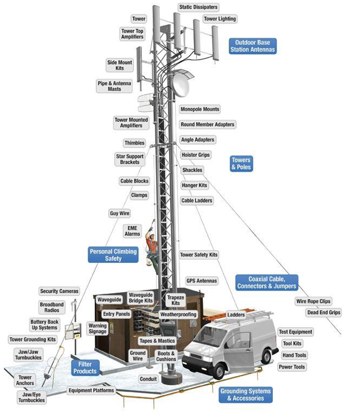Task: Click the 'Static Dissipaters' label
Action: pos(198,7)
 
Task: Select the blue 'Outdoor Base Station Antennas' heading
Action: pos(252,46)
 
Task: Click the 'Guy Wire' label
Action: pos(119,213)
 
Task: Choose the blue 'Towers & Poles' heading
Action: pos(241,164)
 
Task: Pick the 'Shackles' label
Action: pos(192,170)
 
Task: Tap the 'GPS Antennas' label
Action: pos(202,281)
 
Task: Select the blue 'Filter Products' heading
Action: pos(85,368)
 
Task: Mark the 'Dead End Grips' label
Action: pos(324,312)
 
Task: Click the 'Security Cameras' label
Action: pos(59,291)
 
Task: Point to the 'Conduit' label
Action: pos(148,379)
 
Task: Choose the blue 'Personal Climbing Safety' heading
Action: pos(113,255)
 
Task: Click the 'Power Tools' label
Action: pos(292,367)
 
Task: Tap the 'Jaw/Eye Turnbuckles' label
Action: pos(32,397)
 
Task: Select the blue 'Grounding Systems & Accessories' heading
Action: pos(245,395)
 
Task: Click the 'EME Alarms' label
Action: pos(132,231)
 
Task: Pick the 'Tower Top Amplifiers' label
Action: pos(132,34)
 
